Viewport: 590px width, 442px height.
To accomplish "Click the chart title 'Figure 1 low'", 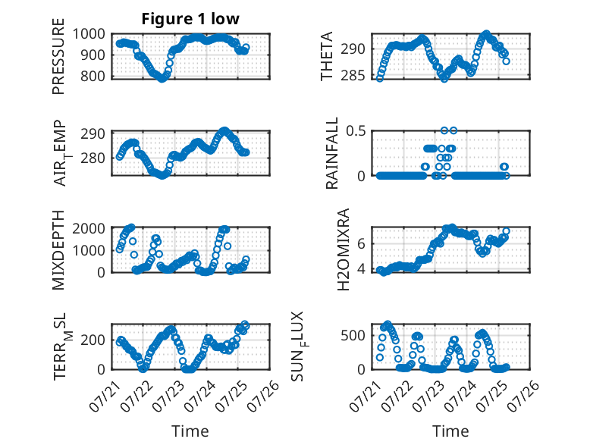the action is click(x=190, y=19).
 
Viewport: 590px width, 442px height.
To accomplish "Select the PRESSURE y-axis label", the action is click(x=58, y=56).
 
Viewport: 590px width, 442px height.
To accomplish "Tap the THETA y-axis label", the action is click(x=327, y=56).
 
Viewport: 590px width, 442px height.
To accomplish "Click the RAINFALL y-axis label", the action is click(x=332, y=153).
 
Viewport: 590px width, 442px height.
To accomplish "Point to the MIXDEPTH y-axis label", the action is click(x=58, y=250).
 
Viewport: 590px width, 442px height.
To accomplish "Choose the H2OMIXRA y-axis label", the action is click(x=344, y=249).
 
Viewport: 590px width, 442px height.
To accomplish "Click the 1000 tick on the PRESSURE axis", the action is click(x=89, y=34).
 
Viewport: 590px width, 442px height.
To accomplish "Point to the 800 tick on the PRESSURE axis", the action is click(x=93, y=76).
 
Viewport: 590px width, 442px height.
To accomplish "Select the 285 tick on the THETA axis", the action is click(x=353, y=76).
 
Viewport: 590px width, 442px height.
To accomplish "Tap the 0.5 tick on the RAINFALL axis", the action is click(x=356, y=131).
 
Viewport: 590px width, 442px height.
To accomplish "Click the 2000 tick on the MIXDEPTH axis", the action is click(x=89, y=228).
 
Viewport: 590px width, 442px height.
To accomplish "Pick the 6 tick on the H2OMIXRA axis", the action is click(x=361, y=244).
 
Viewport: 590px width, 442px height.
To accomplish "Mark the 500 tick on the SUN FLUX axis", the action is click(x=353, y=336).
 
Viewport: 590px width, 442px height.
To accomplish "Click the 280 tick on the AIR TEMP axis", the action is click(x=93, y=158).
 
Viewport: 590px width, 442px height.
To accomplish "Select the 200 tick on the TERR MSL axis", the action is click(x=93, y=340).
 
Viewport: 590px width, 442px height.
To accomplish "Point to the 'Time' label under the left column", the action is click(x=190, y=431).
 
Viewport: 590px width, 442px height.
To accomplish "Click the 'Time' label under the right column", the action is click(x=450, y=431).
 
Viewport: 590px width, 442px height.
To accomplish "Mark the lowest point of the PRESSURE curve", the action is click(x=162, y=79).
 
